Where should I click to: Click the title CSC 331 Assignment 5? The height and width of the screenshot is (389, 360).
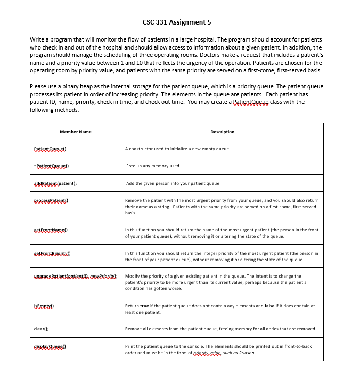180,22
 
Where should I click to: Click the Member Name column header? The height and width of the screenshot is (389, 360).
75,132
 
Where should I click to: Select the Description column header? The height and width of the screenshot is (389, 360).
222,132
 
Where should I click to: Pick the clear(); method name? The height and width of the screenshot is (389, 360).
42,329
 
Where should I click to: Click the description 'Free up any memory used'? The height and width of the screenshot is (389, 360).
153,166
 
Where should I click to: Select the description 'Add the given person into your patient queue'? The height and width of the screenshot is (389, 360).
173,183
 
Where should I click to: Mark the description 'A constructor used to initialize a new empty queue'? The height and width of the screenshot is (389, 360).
177,149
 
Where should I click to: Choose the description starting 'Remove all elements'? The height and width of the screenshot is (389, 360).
220,329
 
